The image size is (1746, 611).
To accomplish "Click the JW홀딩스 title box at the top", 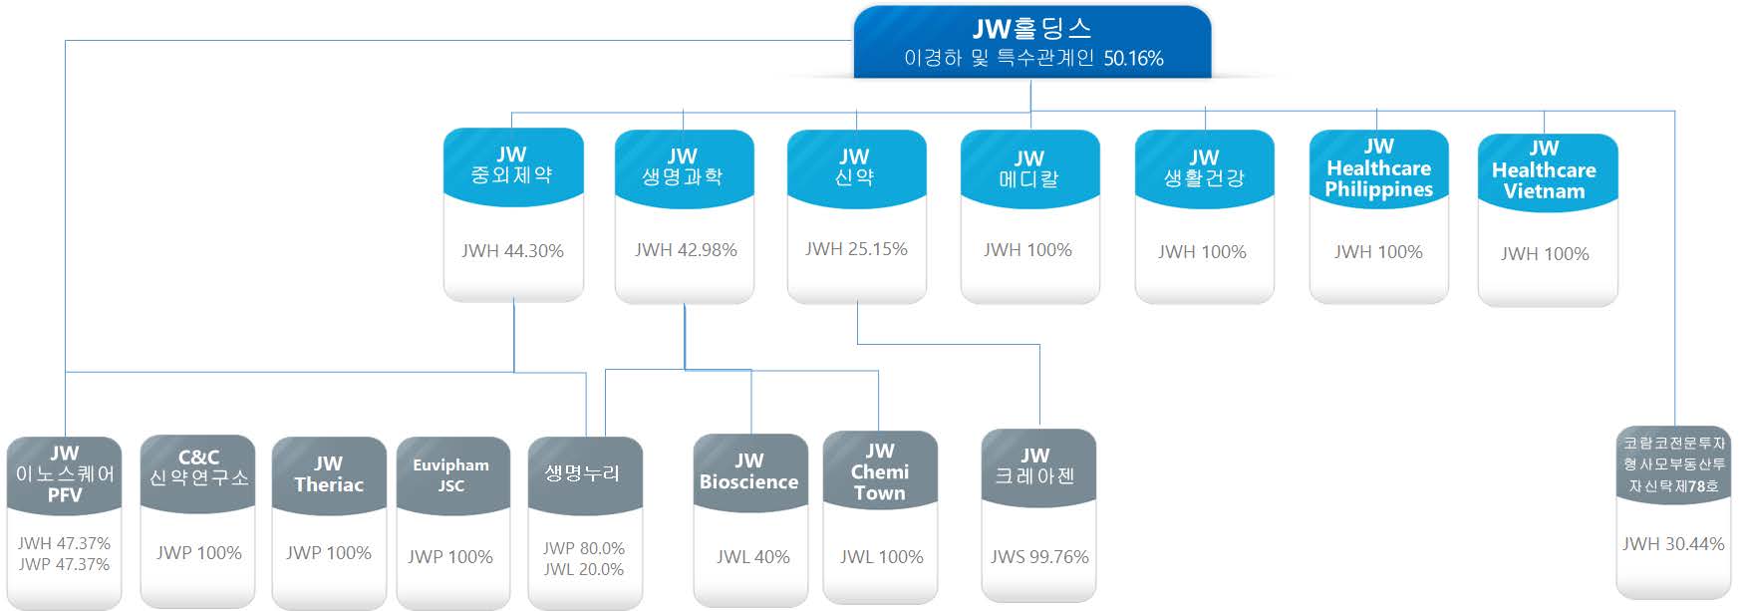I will pyautogui.click(x=1031, y=29).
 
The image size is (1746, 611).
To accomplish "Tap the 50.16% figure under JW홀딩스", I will pyautogui.click(x=1133, y=59).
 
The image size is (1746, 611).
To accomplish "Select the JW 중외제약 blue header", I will pyautogui.click(x=512, y=165).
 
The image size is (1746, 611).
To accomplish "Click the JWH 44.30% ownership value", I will pyautogui.click(x=512, y=251).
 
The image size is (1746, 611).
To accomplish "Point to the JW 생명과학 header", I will pyautogui.click(x=683, y=166).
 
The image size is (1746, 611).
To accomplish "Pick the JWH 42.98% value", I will pyautogui.click(x=686, y=250).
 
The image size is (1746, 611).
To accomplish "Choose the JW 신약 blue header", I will pyautogui.click(x=855, y=166).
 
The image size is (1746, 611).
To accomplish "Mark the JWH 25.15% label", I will pyautogui.click(x=856, y=249).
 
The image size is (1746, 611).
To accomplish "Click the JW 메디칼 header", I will pyautogui.click(x=1029, y=168).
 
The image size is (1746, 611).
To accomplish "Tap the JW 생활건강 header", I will pyautogui.click(x=1204, y=168).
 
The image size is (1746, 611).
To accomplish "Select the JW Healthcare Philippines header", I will pyautogui.click(x=1378, y=168).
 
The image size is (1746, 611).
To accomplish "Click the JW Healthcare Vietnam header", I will pyautogui.click(x=1544, y=170).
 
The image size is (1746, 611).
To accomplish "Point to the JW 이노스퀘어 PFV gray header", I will pyautogui.click(x=65, y=474).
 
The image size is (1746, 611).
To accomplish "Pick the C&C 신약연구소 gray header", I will pyautogui.click(x=198, y=468).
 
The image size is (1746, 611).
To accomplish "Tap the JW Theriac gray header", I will pyautogui.click(x=328, y=474).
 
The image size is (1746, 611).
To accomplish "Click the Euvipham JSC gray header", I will pyautogui.click(x=450, y=475).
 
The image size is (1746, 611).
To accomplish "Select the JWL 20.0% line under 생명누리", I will pyautogui.click(x=584, y=570).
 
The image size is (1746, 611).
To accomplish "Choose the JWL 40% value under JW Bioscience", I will pyautogui.click(x=752, y=557).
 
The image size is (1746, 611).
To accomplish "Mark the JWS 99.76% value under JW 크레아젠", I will pyautogui.click(x=1038, y=557).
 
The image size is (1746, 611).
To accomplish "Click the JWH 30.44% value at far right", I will pyautogui.click(x=1672, y=544).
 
